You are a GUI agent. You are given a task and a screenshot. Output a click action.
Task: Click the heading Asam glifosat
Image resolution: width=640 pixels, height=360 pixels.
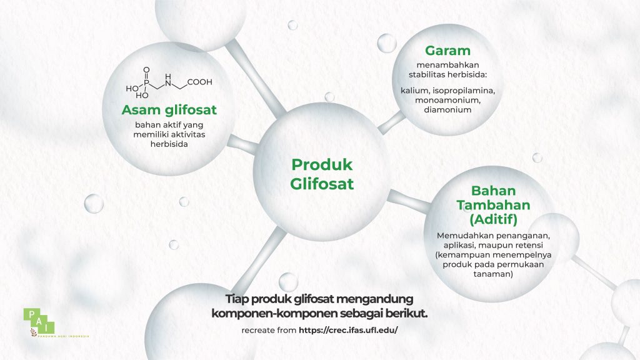(x=169, y=111)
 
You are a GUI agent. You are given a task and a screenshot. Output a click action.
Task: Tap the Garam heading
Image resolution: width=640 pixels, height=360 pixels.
(x=447, y=51)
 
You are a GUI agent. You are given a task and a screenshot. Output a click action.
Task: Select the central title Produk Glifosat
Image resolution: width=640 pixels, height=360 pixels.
(x=322, y=174)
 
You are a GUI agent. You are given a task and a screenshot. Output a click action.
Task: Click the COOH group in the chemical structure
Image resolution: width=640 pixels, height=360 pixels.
(x=199, y=81)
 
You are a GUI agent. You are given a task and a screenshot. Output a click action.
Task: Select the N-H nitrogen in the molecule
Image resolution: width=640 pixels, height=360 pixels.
(x=167, y=77)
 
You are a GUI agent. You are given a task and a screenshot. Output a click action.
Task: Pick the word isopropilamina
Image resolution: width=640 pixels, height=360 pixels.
(x=464, y=91)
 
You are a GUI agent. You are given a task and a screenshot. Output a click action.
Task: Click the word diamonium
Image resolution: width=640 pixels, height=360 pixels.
(x=447, y=109)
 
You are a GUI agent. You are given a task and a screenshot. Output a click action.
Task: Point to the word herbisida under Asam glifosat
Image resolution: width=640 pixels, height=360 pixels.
(x=169, y=143)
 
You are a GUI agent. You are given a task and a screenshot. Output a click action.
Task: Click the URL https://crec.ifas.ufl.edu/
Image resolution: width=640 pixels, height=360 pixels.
(x=348, y=329)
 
